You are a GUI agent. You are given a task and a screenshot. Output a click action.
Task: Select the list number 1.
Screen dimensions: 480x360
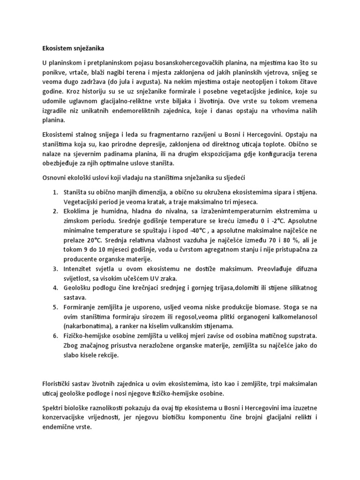55,192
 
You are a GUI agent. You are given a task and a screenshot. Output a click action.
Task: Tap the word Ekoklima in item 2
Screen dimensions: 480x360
78,210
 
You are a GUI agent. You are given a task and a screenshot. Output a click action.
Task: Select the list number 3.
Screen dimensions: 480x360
55,269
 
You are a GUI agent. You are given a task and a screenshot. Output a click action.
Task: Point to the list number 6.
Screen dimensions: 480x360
55,336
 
